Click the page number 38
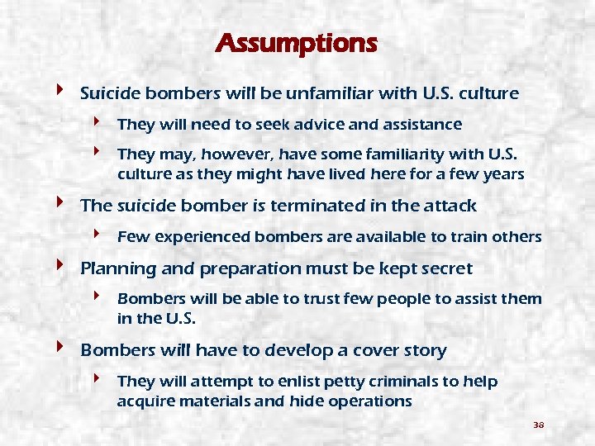[x=538, y=425]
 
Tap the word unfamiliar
[x=333, y=93]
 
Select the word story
[x=425, y=350]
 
